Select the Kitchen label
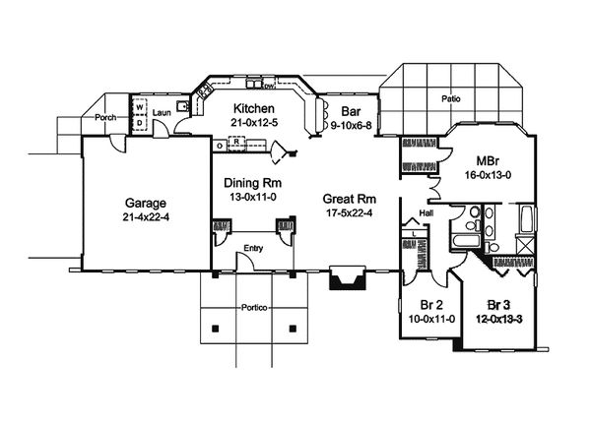click(253, 108)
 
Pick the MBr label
click(487, 161)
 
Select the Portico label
click(253, 306)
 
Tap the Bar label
click(349, 111)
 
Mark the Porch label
click(106, 117)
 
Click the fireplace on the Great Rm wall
click(346, 278)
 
